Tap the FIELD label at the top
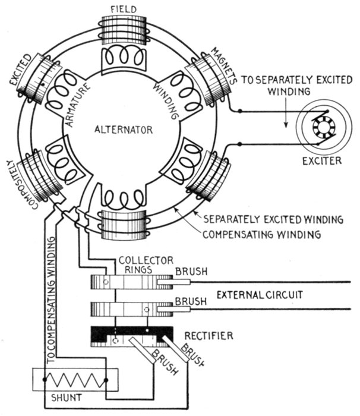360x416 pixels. [x=125, y=8]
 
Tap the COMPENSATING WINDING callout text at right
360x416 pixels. [x=262, y=234]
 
